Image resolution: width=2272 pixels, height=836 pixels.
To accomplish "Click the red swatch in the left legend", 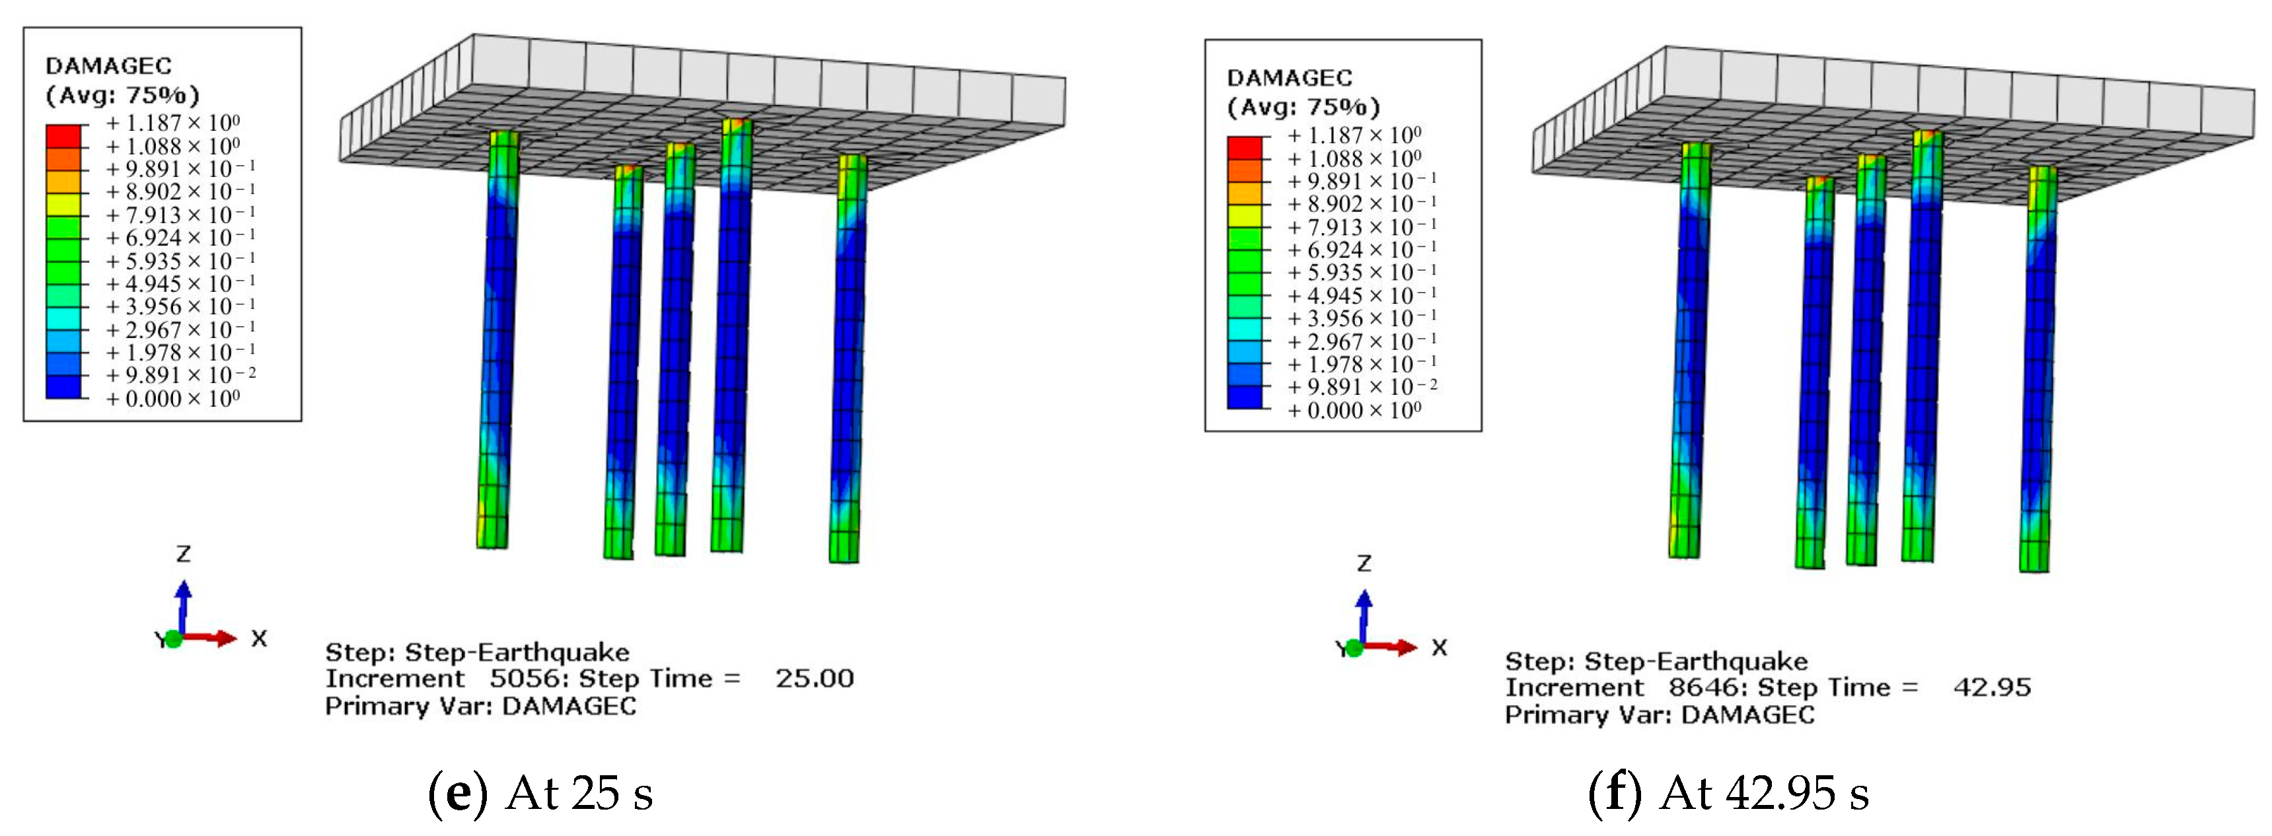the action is point(63,136).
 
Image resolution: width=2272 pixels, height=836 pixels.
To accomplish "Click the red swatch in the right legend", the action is point(1243,148).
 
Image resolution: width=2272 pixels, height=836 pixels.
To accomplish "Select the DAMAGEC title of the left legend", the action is point(108,66).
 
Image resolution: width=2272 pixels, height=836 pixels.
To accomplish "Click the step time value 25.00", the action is point(814,678).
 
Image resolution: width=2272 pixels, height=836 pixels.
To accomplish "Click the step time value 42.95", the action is point(1991,687).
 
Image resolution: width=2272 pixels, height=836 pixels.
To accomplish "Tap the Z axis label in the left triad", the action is point(184,554).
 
